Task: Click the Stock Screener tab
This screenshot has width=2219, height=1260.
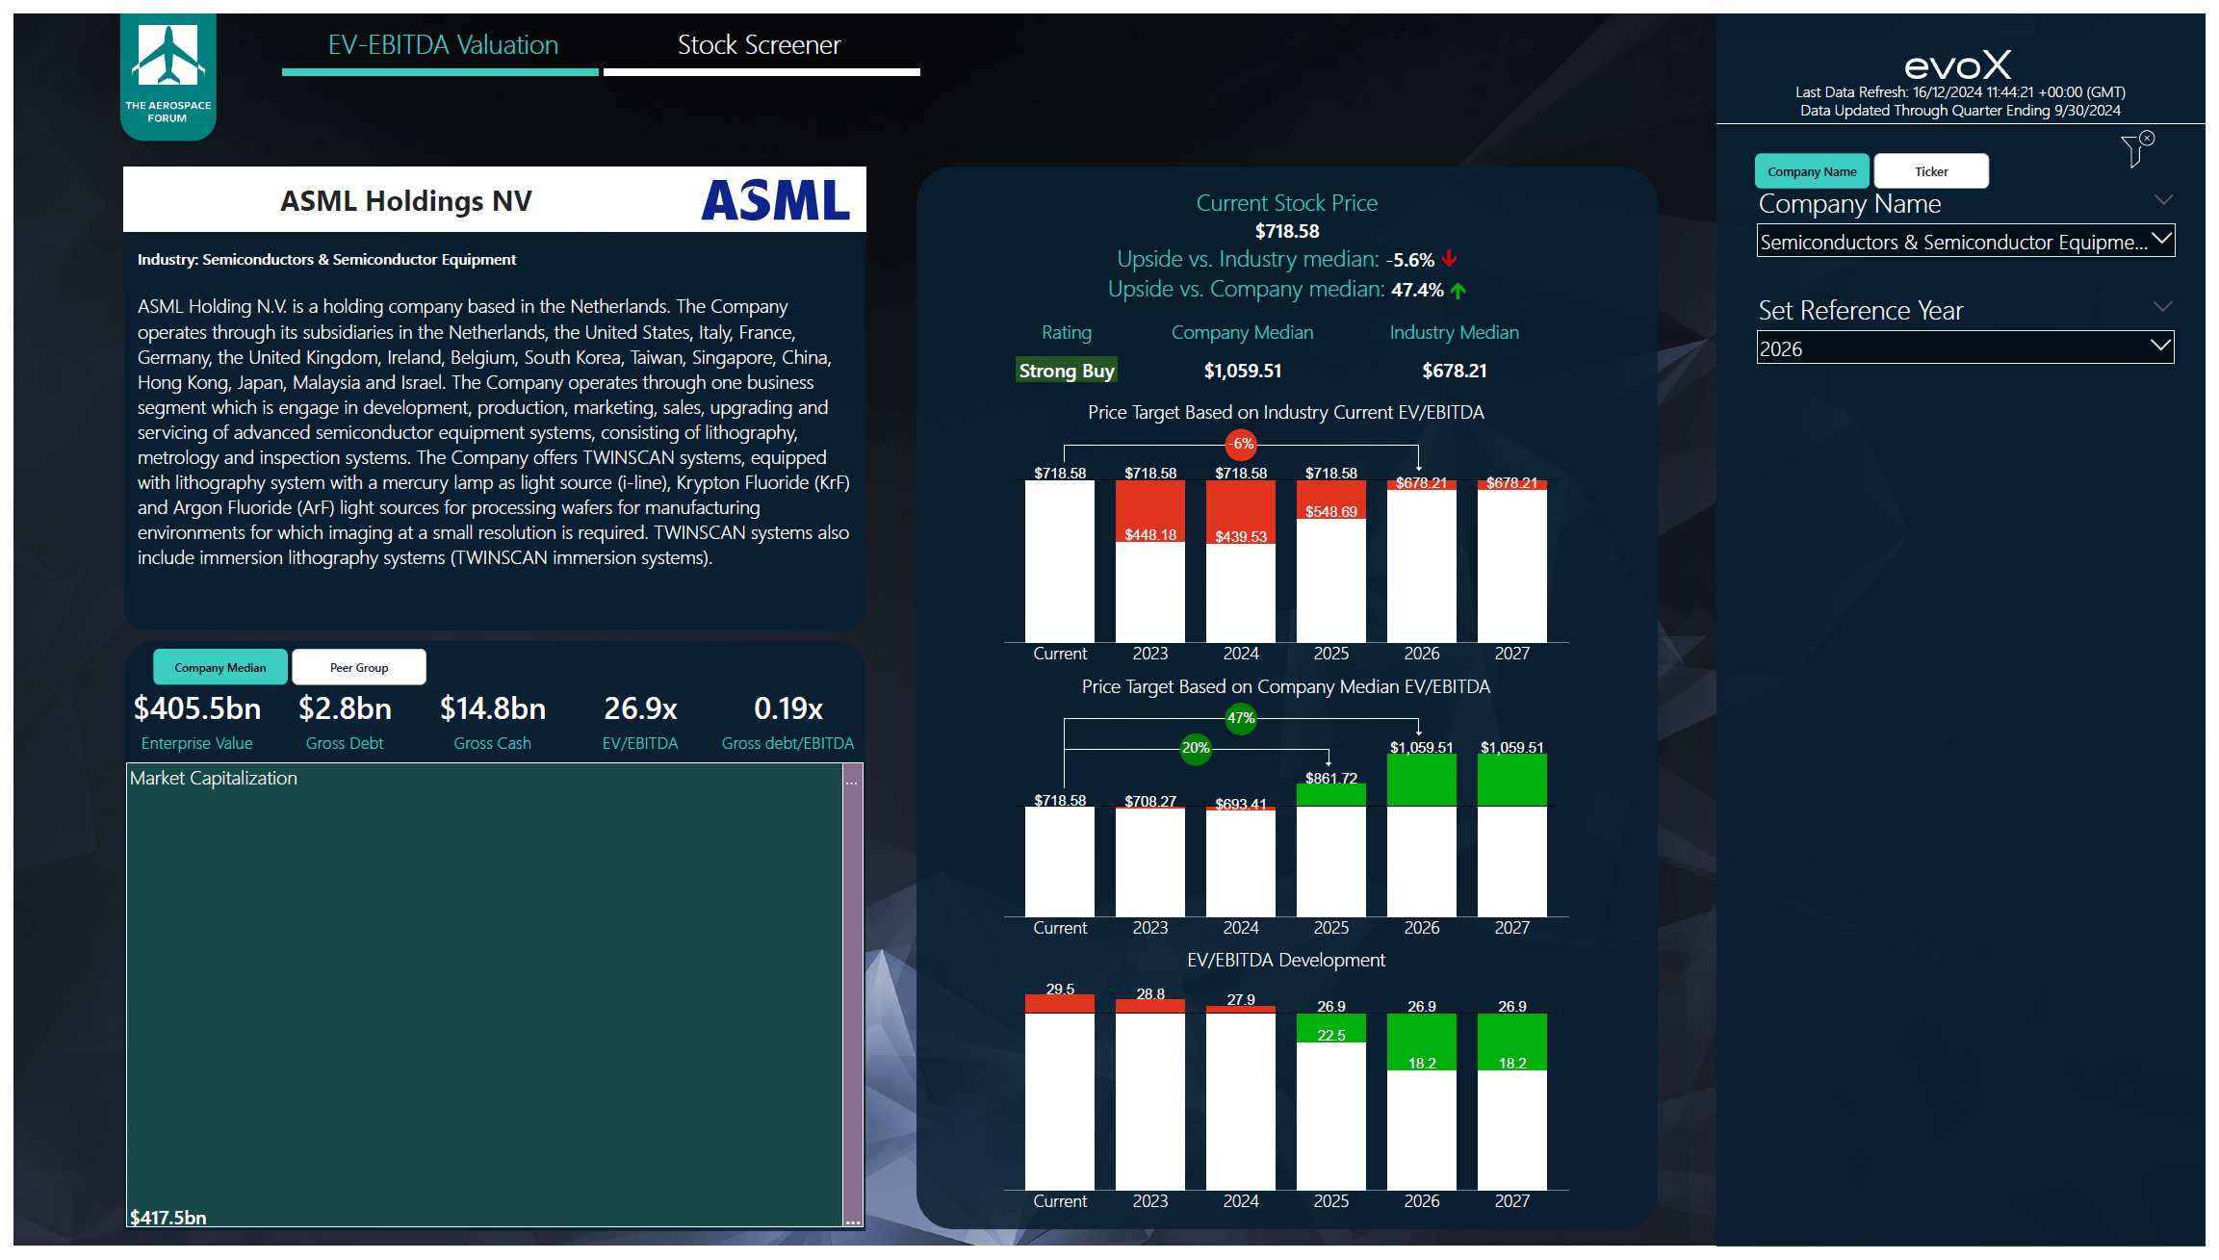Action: (760, 45)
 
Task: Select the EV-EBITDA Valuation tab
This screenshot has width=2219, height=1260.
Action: (443, 45)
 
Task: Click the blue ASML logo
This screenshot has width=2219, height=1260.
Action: (775, 200)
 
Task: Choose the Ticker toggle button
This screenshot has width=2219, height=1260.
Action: (1931, 171)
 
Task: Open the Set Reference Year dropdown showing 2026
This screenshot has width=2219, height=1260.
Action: (1965, 348)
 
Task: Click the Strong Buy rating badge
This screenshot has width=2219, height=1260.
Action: (1067, 371)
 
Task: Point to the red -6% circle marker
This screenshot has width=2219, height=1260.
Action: (1242, 444)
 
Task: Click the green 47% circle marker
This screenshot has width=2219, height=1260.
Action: (1241, 718)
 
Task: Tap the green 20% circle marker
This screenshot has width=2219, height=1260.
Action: (1196, 748)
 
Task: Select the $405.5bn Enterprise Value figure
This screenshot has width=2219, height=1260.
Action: (197, 708)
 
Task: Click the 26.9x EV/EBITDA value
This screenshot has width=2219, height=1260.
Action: (640, 708)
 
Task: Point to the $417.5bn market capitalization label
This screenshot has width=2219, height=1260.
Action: (168, 1218)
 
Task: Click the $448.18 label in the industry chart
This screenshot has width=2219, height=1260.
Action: (1150, 535)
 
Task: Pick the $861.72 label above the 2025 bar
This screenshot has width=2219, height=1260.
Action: (1331, 778)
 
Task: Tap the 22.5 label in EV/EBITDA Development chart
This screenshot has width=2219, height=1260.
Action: (1331, 1036)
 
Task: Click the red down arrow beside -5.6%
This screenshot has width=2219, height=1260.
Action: (1450, 259)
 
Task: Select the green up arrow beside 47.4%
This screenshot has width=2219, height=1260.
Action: (1458, 291)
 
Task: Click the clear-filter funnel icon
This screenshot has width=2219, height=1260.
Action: (2136, 149)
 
